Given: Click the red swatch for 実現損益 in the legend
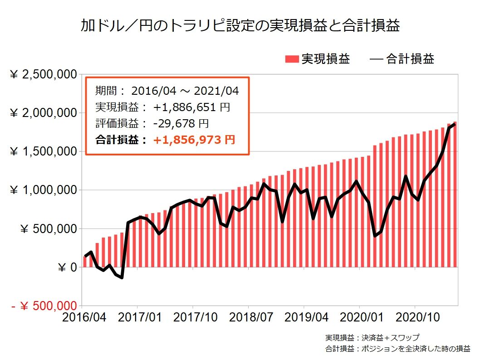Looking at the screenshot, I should click(292, 59).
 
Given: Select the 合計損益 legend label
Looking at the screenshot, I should click(410, 59).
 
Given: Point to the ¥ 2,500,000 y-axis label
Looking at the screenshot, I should click(43, 74).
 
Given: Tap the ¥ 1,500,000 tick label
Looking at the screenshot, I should click(43, 152).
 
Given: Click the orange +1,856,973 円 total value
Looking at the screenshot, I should click(194, 140).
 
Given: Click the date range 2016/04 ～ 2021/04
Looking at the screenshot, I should click(185, 91).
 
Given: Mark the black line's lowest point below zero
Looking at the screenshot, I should click(122, 277).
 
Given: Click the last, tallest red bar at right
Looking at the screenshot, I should click(455, 195).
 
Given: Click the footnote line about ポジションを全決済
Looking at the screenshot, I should click(397, 349).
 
